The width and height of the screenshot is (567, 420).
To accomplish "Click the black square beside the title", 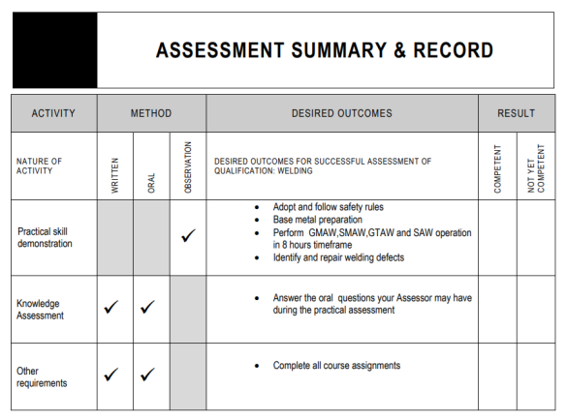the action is click(x=55, y=50).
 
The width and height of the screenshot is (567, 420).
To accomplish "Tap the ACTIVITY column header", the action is click(x=53, y=113).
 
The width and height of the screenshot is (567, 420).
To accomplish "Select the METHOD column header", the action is click(x=151, y=113).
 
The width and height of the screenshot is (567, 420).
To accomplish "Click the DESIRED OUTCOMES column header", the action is click(x=342, y=113).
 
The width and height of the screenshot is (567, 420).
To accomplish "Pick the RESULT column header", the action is click(x=517, y=113).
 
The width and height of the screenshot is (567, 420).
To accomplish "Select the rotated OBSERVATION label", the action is click(x=188, y=166).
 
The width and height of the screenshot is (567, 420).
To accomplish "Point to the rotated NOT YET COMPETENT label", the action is click(x=536, y=168).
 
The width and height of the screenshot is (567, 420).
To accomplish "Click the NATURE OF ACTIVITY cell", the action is click(x=40, y=166).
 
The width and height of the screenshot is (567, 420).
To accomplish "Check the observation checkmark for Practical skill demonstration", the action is click(x=188, y=236).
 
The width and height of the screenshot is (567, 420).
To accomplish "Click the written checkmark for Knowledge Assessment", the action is click(x=111, y=308).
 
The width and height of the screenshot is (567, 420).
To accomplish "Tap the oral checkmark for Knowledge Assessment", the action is click(x=148, y=308).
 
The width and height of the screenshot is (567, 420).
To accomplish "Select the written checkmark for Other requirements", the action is click(x=111, y=375).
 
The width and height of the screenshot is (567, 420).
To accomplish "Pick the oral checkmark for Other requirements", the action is click(x=148, y=375).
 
